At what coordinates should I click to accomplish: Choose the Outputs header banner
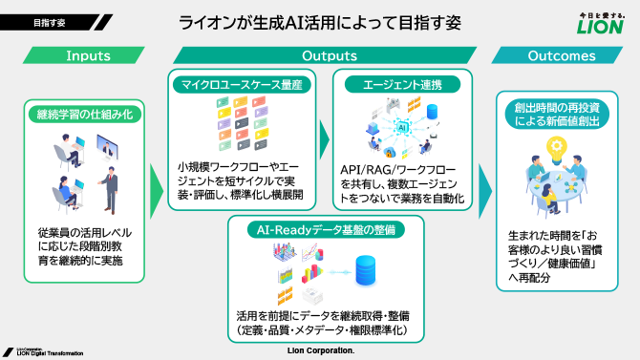pyautogui.click(x=323, y=56)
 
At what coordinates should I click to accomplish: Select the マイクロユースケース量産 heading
pyautogui.click(x=242, y=85)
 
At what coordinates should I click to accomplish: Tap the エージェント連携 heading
pyautogui.click(x=402, y=85)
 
